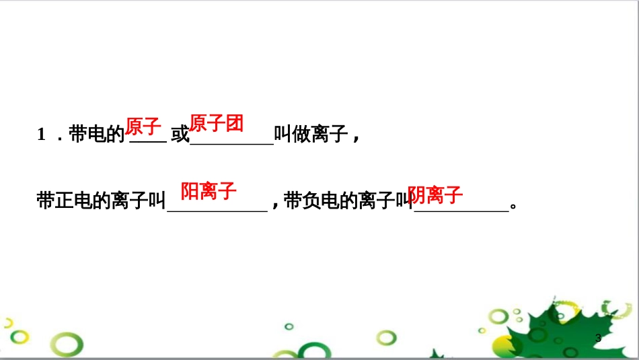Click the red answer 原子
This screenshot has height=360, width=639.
[143, 126]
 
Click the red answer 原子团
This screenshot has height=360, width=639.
[216, 124]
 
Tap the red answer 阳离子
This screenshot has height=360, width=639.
[209, 191]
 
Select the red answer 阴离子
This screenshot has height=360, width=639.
[436, 195]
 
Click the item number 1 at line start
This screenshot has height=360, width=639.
[42, 135]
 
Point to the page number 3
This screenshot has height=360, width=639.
[598, 338]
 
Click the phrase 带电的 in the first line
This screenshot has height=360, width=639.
[97, 135]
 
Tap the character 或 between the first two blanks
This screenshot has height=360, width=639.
[180, 135]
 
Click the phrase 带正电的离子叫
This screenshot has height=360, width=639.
[101, 201]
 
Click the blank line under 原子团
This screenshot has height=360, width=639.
[232, 143]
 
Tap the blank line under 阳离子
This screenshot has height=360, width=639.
[217, 211]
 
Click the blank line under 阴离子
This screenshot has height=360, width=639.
[461, 211]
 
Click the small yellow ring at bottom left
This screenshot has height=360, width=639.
[20, 336]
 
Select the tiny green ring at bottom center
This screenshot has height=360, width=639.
[289, 326]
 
